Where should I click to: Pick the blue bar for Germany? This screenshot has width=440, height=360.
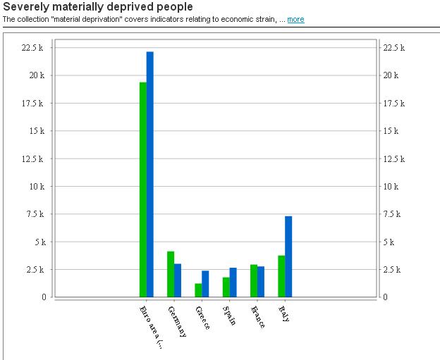pyautogui.click(x=178, y=280)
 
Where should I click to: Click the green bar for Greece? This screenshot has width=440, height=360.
pyautogui.click(x=198, y=290)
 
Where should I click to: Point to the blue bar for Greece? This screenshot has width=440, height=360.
pyautogui.click(x=205, y=283)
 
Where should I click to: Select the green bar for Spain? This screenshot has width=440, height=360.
pyautogui.click(x=226, y=287)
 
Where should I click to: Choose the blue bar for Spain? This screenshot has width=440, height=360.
pyautogui.click(x=233, y=282)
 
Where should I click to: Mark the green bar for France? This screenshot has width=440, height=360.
pyautogui.click(x=254, y=280)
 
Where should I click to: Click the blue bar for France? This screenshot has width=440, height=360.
pyautogui.click(x=261, y=281)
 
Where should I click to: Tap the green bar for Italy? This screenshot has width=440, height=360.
pyautogui.click(x=281, y=275)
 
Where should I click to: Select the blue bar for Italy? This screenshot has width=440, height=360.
pyautogui.click(x=288, y=256)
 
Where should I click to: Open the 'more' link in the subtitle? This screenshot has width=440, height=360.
pyautogui.click(x=295, y=19)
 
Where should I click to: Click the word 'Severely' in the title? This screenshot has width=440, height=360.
pyautogui.click(x=24, y=7)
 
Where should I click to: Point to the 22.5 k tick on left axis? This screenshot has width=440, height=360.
pyautogui.click(x=33, y=48)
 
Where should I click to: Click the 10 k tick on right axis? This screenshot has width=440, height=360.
pyautogui.click(x=391, y=187)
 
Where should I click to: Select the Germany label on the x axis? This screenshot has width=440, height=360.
pyautogui.click(x=178, y=321)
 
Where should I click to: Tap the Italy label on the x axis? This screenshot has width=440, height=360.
pyautogui.click(x=284, y=314)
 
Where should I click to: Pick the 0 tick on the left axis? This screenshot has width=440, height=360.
pyautogui.click(x=43, y=297)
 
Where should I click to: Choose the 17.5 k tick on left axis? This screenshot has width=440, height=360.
pyautogui.click(x=33, y=104)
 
